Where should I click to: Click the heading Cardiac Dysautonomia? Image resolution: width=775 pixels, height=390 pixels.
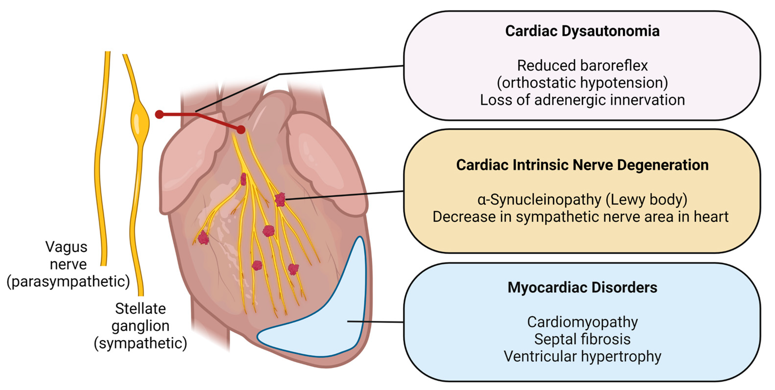[582, 31]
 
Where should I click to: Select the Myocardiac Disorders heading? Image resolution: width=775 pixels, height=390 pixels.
[582, 287]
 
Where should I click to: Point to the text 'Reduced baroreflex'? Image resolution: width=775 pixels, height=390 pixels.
[582, 66]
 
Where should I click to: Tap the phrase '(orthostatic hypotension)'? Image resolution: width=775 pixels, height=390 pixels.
[582, 83]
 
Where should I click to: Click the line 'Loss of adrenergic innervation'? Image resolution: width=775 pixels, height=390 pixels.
[582, 100]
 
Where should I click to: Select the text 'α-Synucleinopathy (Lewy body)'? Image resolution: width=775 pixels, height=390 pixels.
[582, 200]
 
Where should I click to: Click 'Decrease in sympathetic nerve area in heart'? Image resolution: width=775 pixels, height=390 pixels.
[580, 217]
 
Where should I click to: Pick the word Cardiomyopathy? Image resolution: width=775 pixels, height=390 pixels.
[582, 322]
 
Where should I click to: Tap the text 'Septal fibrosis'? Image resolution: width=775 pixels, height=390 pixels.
[582, 339]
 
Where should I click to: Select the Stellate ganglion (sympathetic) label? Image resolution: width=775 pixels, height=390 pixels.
[140, 326]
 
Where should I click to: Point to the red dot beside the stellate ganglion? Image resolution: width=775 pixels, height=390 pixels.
[159, 115]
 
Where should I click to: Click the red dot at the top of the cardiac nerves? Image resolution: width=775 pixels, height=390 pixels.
[241, 130]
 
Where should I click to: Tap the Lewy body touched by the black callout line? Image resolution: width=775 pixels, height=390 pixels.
[280, 199]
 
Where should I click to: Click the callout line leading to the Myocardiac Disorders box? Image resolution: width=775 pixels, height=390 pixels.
[376, 322]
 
